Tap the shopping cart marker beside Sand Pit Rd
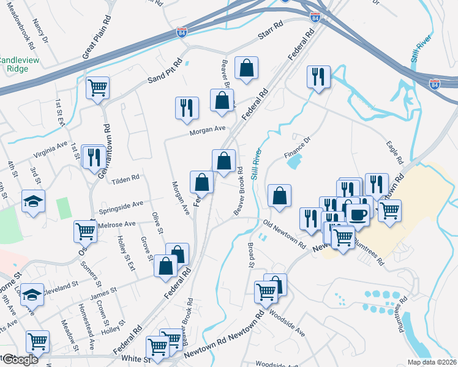click(97, 88)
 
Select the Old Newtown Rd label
click(284, 233)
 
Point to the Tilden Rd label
click(126, 178)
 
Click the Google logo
click(20, 360)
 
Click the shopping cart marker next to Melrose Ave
click(85, 231)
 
